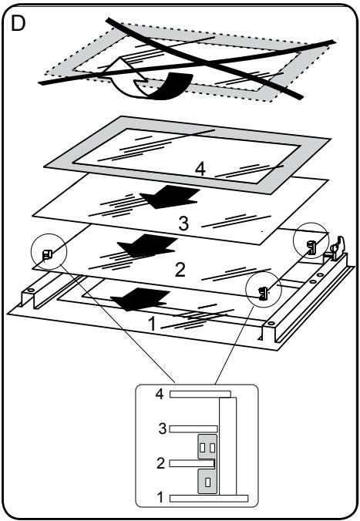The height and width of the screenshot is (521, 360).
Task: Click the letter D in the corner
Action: point(18,23)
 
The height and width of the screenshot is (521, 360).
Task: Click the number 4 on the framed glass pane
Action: point(200,170)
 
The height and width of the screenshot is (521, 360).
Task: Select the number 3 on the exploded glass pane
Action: point(183,224)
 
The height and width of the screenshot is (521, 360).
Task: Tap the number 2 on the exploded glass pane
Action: point(180,270)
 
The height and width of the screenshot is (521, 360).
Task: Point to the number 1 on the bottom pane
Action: point(152,324)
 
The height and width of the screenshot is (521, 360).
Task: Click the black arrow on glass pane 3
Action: point(170,197)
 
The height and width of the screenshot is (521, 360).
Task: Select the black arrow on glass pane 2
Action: point(147,246)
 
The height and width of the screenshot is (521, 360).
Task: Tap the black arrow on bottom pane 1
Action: point(140,299)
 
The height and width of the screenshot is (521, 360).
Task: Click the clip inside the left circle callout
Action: point(46,255)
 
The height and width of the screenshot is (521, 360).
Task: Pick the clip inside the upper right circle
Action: point(311,247)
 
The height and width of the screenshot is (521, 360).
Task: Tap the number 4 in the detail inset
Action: point(160,394)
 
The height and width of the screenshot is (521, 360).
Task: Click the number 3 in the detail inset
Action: point(162,429)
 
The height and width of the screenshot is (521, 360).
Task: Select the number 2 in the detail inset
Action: point(160,463)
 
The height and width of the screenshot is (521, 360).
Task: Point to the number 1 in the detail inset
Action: point(160,497)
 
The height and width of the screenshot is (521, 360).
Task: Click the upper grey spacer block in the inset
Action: point(207,446)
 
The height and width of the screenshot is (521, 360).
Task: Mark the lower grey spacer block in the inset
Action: point(207,481)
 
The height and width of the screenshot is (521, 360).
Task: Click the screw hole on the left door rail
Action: point(31,290)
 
